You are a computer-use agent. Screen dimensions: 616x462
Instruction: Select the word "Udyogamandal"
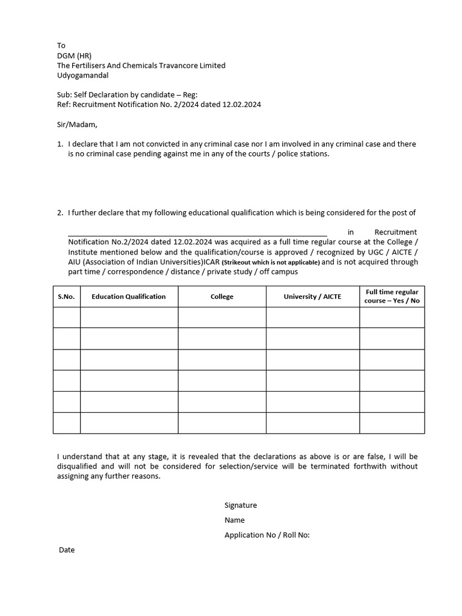pyautogui.click(x=84, y=75)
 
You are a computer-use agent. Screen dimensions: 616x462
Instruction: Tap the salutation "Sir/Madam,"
pyautogui.click(x=77, y=125)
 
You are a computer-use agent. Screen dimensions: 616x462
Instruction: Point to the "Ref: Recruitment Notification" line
pyautogui.click(x=159, y=105)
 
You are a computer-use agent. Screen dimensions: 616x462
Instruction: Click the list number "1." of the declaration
pyautogui.click(x=60, y=144)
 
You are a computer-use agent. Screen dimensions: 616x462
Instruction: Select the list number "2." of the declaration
pyautogui.click(x=60, y=213)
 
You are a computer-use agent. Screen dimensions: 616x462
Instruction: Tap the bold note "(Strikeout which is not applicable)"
pyautogui.click(x=271, y=263)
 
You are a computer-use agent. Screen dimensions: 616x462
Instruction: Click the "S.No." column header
pyautogui.click(x=66, y=297)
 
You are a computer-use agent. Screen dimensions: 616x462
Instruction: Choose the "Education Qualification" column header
pyautogui.click(x=129, y=297)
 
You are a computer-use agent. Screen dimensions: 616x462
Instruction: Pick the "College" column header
pyautogui.click(x=222, y=297)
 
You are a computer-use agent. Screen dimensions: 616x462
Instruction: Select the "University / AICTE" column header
pyautogui.click(x=312, y=297)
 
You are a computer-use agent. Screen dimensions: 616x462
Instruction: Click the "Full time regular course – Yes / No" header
pyautogui.click(x=392, y=297)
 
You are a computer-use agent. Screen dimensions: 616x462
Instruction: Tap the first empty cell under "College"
pyautogui.click(x=222, y=317)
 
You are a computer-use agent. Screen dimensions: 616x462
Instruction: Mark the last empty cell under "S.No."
pyautogui.click(x=66, y=422)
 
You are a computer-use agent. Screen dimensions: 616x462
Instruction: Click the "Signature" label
pyautogui.click(x=241, y=505)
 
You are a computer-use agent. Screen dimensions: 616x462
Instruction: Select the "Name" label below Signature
pyautogui.click(x=235, y=520)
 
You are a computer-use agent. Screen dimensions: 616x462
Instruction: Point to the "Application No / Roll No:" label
pyautogui.click(x=267, y=535)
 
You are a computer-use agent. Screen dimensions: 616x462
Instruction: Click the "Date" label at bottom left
pyautogui.click(x=67, y=550)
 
